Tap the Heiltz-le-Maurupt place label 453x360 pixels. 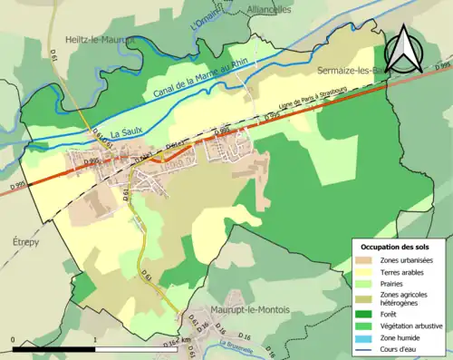[99, 40]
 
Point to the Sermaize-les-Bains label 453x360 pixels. [354, 70]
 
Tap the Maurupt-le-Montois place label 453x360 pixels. [249, 309]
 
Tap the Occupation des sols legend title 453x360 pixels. [395, 247]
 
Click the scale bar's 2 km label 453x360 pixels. [186, 340]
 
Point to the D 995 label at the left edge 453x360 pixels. [17, 187]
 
